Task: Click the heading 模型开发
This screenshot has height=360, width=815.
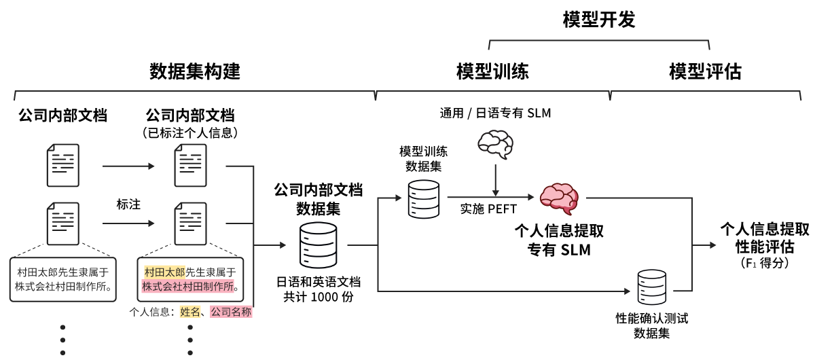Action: click(x=599, y=20)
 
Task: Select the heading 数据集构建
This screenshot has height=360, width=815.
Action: click(x=195, y=71)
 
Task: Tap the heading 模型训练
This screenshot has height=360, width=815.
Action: click(x=492, y=71)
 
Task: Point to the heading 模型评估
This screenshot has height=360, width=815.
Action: click(x=705, y=71)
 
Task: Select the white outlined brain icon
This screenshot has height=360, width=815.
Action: click(x=496, y=144)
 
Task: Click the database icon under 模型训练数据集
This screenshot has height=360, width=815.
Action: click(x=423, y=198)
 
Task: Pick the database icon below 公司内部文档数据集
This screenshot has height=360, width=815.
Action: click(x=318, y=245)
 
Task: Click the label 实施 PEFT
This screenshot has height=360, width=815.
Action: click(x=488, y=209)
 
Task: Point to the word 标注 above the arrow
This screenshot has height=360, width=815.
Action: click(x=128, y=204)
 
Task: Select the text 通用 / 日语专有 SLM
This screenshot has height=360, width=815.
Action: click(x=495, y=113)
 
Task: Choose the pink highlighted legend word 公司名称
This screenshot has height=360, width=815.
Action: click(x=231, y=312)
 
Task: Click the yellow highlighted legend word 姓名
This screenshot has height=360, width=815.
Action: click(x=189, y=312)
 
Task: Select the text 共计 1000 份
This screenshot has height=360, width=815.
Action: click(x=318, y=296)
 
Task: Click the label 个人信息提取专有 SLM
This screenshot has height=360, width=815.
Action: click(x=559, y=240)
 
